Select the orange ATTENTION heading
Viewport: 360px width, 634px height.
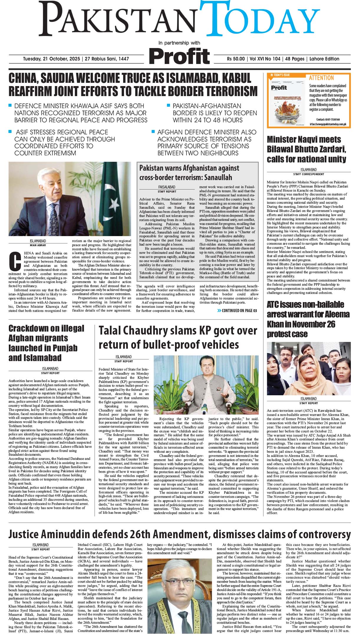point(321,78)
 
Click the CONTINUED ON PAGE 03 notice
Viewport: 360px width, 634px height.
point(237,310)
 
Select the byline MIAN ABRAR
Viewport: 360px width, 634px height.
point(38,245)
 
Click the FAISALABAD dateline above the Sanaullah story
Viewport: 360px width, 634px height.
point(167,187)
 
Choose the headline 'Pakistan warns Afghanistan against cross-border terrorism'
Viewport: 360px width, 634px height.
point(189,173)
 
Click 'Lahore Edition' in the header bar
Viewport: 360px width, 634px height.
point(324,59)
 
